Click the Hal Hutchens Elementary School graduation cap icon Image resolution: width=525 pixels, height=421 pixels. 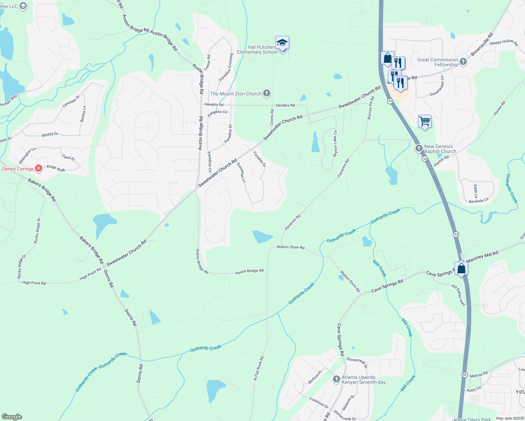pyautogui.click(x=282, y=43)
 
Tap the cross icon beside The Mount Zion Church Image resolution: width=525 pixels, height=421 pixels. pyautogui.click(x=267, y=93)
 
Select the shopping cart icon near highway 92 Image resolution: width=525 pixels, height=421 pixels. pyautogui.click(x=425, y=121)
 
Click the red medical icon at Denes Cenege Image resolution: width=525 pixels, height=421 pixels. pyautogui.click(x=39, y=169)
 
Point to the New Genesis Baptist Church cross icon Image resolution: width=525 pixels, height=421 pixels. pyautogui.click(x=419, y=148)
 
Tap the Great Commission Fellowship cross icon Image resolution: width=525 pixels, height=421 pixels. pyautogui.click(x=463, y=62)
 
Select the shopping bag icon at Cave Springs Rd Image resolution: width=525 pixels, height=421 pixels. pyautogui.click(x=461, y=268)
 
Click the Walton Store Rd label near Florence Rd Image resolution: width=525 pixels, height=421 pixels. pyautogui.click(x=291, y=247)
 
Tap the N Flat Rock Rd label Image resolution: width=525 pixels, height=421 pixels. pyautogui.click(x=259, y=368)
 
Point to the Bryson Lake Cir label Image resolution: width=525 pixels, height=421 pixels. pyautogui.click(x=335, y=143)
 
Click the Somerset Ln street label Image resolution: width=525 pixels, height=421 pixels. pyautogui.click(x=241, y=172)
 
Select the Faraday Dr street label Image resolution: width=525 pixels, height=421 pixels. pyautogui.click(x=260, y=159)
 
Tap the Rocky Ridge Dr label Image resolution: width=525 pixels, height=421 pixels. pyautogui.click(x=36, y=230)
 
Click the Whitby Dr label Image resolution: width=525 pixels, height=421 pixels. pyautogui.click(x=50, y=134)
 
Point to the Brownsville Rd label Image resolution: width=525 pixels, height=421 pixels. pyautogui.click(x=482, y=44)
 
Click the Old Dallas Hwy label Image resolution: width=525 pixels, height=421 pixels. pyautogui.click(x=458, y=295)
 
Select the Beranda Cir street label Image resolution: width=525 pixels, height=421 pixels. pyautogui.click(x=479, y=200)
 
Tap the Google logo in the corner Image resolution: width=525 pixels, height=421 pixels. pyautogui.click(x=12, y=417)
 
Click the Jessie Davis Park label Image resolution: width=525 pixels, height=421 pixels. pyautogui.click(x=472, y=419)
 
